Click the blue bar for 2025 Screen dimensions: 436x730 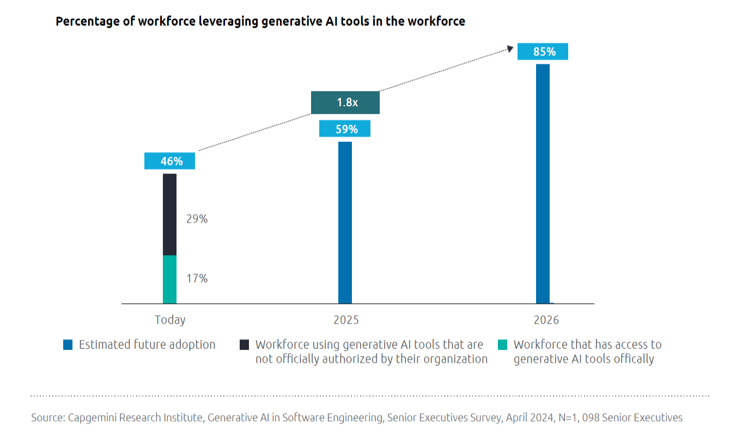pyautogui.click(x=345, y=222)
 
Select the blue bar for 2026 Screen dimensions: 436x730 pyautogui.click(x=543, y=184)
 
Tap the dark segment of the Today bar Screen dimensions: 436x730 pyautogui.click(x=170, y=214)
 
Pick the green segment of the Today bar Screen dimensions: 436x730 pyautogui.click(x=170, y=279)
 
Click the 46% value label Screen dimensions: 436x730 pyautogui.click(x=170, y=161)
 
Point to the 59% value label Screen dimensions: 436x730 pyautogui.click(x=345, y=129)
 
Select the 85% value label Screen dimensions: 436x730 pyautogui.click(x=543, y=52)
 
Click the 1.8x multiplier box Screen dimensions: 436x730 pyautogui.click(x=345, y=102)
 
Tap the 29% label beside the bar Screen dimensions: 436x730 pyautogui.click(x=197, y=219)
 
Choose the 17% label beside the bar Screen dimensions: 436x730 pyautogui.click(x=197, y=278)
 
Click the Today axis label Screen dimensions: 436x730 pyautogui.click(x=170, y=320)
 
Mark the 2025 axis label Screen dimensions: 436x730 pyautogui.click(x=346, y=320)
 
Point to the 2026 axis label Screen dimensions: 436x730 pyautogui.click(x=546, y=320)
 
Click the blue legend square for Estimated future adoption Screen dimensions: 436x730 pyautogui.click(x=68, y=345)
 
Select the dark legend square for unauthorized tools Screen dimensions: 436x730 pyautogui.click(x=245, y=345)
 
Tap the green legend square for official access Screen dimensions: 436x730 pyautogui.click(x=503, y=345)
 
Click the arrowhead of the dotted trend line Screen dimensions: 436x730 pyautogui.click(x=511, y=49)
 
